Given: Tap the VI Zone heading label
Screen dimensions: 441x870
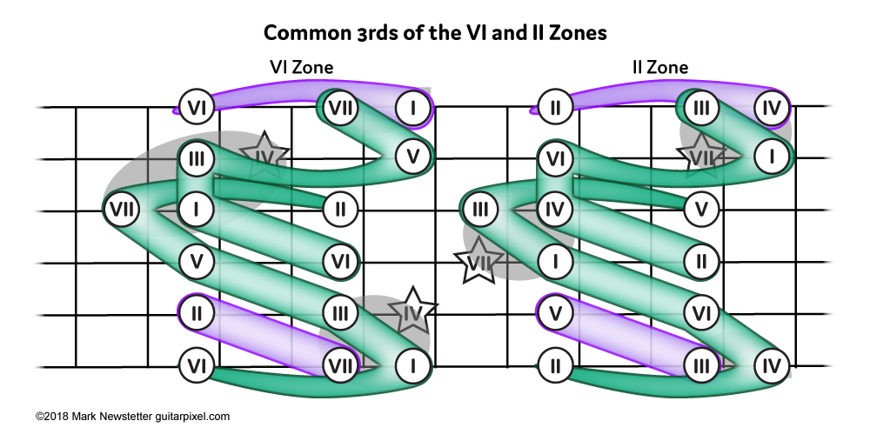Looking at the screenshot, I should pos(300,67).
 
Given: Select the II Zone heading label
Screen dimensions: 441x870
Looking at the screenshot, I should pos(659,67).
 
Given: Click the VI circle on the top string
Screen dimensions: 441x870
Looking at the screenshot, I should pos(197,108).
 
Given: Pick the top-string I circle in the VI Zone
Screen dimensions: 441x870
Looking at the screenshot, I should pos(412,108).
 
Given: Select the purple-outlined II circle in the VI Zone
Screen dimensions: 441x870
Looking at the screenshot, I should pos(197,311).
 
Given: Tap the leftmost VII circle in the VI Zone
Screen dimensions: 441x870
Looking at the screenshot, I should pos(121,210).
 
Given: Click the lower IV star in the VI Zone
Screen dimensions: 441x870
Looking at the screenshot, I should pos(412,311).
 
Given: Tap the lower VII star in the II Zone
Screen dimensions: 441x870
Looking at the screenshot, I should pos(477,264).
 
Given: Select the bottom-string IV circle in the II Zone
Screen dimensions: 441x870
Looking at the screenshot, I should pos(770,365).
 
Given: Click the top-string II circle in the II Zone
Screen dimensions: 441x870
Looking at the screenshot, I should pos(555,108).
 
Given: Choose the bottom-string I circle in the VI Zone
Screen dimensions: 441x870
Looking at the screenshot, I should pos(412,365).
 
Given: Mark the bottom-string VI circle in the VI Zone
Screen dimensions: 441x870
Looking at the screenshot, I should pos(197,365).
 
